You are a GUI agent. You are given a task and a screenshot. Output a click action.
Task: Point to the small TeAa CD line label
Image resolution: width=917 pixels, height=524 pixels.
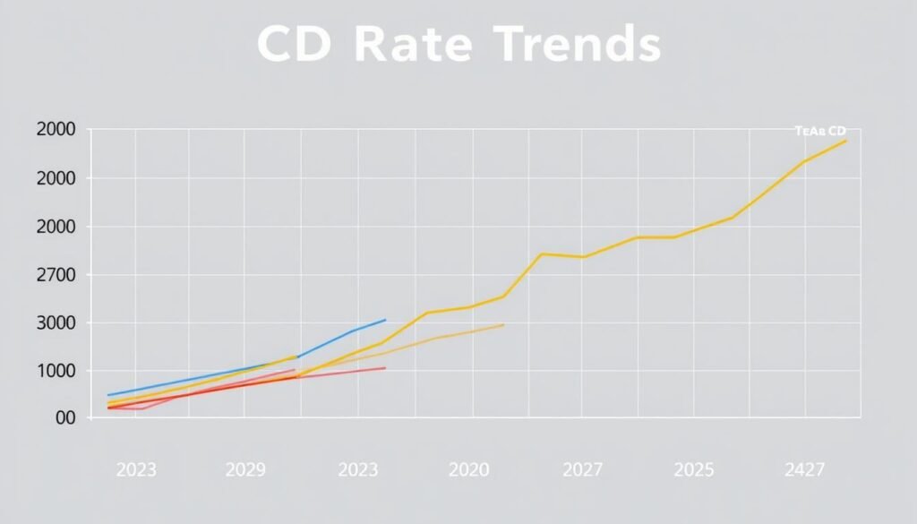pyautogui.click(x=820, y=131)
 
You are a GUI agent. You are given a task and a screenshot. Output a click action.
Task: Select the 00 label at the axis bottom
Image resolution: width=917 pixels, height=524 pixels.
pyautogui.click(x=64, y=418)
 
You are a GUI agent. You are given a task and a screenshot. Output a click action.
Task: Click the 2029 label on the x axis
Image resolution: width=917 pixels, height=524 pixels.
pyautogui.click(x=244, y=469)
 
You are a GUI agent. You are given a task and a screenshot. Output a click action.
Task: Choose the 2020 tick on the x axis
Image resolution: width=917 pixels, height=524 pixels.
pyautogui.click(x=469, y=469)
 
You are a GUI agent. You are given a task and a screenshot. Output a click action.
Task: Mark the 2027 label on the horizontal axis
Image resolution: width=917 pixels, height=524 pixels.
pyautogui.click(x=582, y=469)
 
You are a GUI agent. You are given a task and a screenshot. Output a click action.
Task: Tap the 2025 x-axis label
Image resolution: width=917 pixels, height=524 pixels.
pyautogui.click(x=694, y=469)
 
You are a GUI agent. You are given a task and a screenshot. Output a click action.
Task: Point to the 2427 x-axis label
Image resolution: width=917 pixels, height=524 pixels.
pyautogui.click(x=803, y=469)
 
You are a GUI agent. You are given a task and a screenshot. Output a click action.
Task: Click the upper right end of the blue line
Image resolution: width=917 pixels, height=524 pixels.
pyautogui.click(x=385, y=320)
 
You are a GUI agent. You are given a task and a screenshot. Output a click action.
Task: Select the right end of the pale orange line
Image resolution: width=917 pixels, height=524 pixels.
pyautogui.click(x=504, y=324)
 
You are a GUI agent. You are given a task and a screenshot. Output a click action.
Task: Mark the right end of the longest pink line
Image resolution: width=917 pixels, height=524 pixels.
pyautogui.click(x=385, y=367)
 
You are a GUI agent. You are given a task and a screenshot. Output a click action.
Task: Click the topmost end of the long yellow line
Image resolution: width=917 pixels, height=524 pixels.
pyautogui.click(x=845, y=141)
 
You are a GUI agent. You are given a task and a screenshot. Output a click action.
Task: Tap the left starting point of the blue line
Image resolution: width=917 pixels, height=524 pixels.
pyautogui.click(x=108, y=395)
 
